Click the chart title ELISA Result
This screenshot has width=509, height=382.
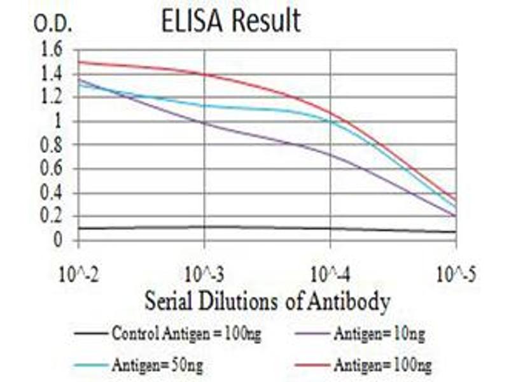[231, 21]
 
